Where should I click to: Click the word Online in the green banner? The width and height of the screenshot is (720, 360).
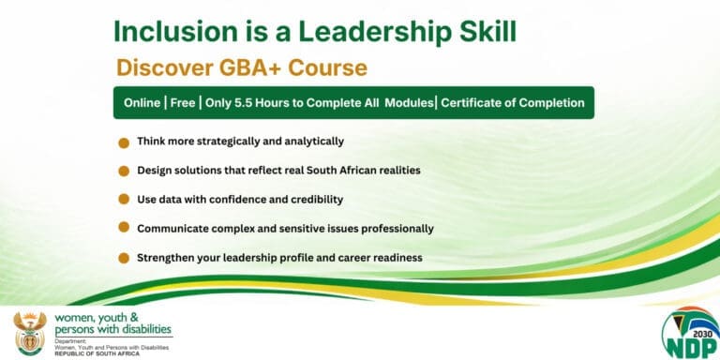point(142,102)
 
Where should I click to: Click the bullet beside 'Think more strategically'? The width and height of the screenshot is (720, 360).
point(124,142)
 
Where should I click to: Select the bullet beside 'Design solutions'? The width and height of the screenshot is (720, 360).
point(124,171)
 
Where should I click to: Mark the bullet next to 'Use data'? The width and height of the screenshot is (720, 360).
point(124,200)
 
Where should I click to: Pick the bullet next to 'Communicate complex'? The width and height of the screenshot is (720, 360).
point(124,228)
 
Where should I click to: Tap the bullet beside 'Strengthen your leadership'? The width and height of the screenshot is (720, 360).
point(124,257)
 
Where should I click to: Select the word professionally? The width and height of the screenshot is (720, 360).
point(396,228)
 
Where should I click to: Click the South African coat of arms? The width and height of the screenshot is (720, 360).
point(30,332)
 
